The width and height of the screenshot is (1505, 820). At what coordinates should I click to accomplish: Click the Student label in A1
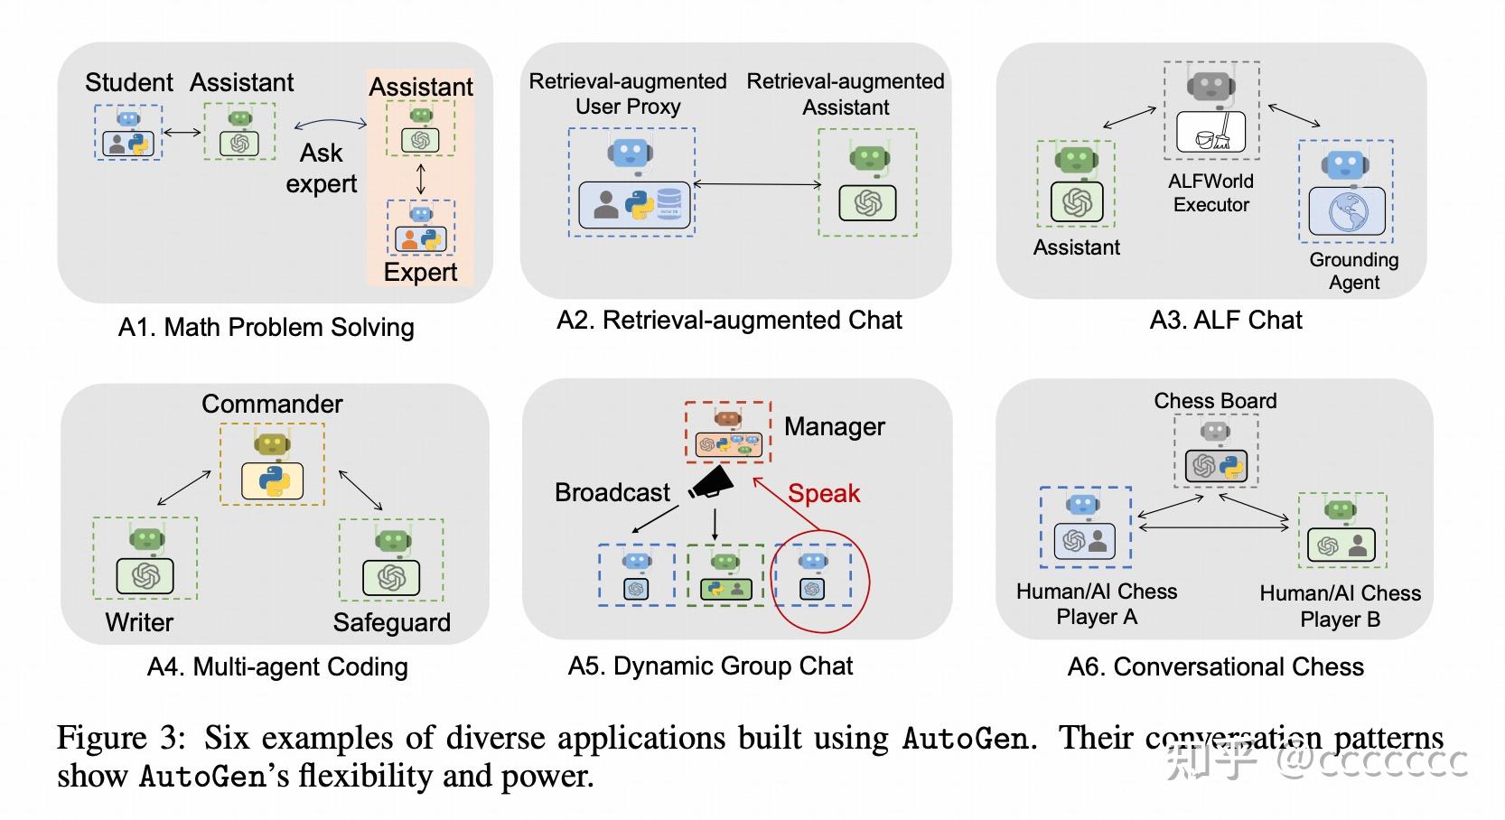point(128,82)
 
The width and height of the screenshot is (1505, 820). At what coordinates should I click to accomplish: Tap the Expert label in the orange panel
point(420,272)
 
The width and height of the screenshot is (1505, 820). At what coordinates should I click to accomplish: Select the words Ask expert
point(321,168)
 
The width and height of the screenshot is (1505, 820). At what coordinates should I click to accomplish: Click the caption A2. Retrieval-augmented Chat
point(729,320)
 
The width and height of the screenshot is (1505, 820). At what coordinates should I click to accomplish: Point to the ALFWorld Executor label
point(1211,192)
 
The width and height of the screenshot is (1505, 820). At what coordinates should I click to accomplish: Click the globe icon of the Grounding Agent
point(1347,212)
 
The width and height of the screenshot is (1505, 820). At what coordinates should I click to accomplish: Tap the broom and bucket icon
point(1211,132)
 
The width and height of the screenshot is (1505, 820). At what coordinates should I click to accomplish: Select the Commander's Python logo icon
point(272,481)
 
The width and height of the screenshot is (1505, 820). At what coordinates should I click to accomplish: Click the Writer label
point(139,622)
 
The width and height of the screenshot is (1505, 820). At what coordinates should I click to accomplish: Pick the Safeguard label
point(391,622)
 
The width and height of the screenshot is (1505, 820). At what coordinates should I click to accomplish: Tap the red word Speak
point(823,493)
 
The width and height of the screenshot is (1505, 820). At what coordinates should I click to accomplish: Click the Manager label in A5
point(834,426)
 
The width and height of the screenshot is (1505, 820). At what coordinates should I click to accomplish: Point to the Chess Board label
point(1215,400)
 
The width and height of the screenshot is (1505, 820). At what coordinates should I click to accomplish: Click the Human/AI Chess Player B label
point(1340,606)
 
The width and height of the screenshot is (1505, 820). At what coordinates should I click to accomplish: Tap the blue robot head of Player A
point(1082,505)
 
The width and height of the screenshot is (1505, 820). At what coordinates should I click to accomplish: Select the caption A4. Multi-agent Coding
point(277,666)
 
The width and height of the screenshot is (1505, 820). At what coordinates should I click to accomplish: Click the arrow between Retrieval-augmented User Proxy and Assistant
point(757,184)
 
